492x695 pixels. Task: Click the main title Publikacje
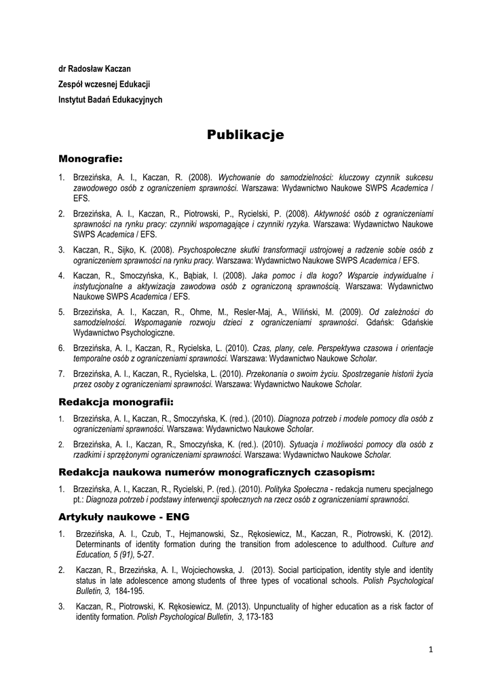coord(246,135)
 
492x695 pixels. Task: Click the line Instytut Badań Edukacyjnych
coord(111,99)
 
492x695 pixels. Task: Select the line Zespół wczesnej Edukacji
coord(104,84)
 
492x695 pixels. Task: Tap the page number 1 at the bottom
coord(430,649)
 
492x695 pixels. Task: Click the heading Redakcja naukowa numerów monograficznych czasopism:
coord(216,471)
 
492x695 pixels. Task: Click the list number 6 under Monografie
coord(61,347)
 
